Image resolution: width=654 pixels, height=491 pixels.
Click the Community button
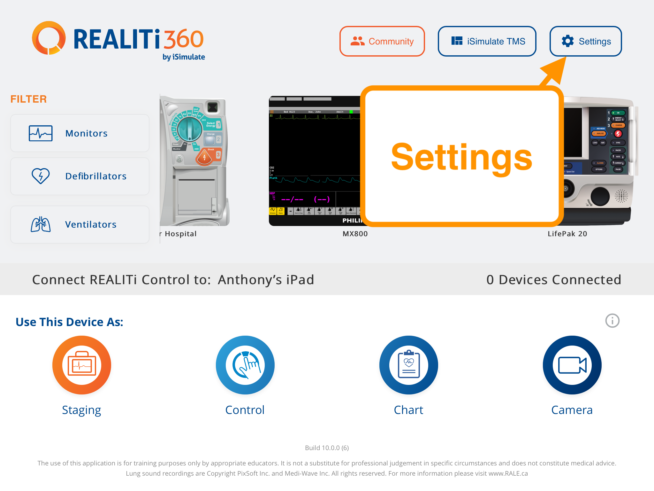(x=382, y=41)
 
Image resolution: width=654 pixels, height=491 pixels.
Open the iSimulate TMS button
(x=487, y=41)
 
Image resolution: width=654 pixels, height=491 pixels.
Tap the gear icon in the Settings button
(x=568, y=41)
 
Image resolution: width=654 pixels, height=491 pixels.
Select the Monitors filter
(x=80, y=133)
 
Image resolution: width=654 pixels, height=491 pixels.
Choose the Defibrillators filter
(x=80, y=176)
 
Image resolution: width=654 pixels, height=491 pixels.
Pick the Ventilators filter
(x=80, y=224)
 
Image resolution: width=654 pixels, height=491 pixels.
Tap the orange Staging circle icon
(x=82, y=365)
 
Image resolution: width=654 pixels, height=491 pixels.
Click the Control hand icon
(x=245, y=365)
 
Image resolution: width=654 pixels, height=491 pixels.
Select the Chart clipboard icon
(x=409, y=365)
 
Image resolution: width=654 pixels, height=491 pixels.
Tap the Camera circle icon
(x=572, y=365)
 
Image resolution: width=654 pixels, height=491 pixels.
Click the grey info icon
(x=612, y=321)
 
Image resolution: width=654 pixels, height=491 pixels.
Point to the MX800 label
(x=355, y=234)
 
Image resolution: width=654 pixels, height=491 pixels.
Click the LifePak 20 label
(x=567, y=234)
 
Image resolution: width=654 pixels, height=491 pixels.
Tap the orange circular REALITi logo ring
(x=49, y=38)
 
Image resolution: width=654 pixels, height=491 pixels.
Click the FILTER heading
(x=29, y=99)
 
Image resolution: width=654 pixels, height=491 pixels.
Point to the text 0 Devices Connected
(x=554, y=280)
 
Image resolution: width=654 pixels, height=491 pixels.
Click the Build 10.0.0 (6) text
(x=327, y=448)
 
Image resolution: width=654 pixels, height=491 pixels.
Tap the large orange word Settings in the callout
(x=461, y=157)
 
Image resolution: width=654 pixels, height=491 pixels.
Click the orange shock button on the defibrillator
(x=204, y=157)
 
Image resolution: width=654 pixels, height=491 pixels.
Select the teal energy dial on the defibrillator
(x=190, y=129)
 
